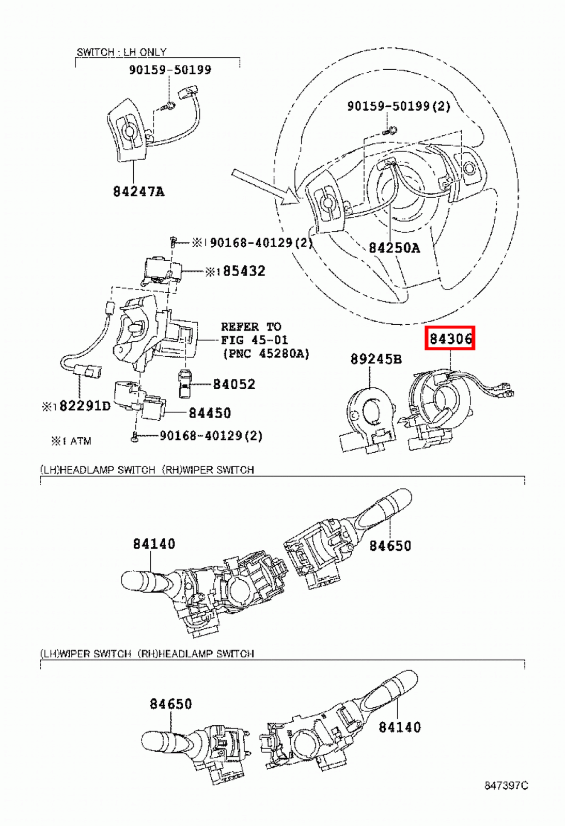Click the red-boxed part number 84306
tap(450, 339)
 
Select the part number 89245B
tap(375, 359)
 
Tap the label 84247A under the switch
tap(138, 192)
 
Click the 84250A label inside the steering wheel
tap(394, 248)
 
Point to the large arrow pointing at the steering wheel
tap(264, 186)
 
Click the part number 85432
tap(244, 271)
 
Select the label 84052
tap(234, 384)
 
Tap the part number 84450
tap(209, 413)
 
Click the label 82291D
tap(85, 406)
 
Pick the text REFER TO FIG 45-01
tap(254, 333)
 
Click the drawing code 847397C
tap(506, 786)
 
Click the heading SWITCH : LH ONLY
tap(121, 52)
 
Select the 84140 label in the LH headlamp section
tap(154, 544)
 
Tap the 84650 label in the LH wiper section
tap(170, 704)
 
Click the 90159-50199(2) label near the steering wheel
tap(398, 106)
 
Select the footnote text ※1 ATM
tap(71, 441)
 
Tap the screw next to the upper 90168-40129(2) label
tap(174, 241)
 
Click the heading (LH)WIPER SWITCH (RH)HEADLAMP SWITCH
tap(147, 654)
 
